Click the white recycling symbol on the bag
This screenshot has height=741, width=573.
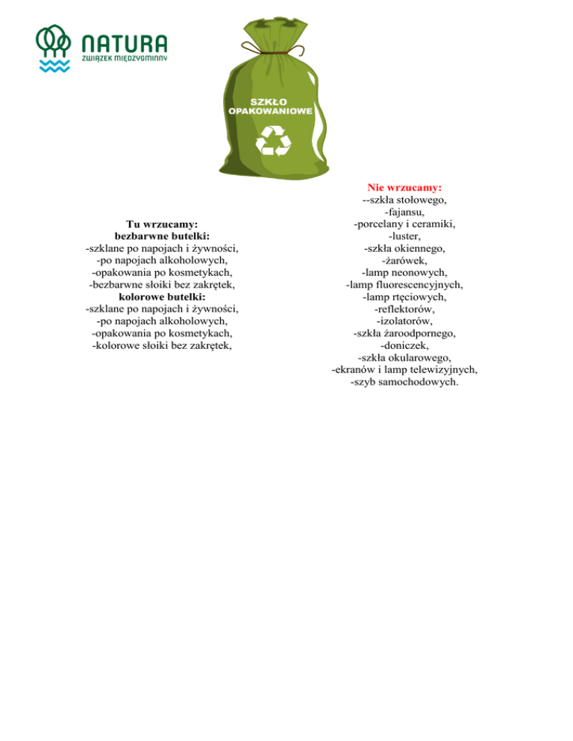[273, 140]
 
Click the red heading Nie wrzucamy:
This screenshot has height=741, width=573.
[404, 187]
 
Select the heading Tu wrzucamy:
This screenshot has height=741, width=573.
[162, 223]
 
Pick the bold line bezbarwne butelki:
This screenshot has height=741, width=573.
[162, 235]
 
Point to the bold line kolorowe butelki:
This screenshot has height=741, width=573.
[162, 296]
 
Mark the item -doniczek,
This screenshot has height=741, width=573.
[404, 346]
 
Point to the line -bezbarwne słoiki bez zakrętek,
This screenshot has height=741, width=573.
[162, 284]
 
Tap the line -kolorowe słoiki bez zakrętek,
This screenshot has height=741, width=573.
[162, 345]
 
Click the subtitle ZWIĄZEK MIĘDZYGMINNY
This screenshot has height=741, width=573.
[124, 57]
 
